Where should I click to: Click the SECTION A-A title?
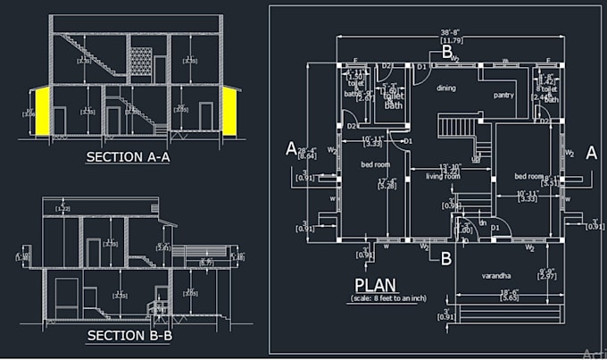[128, 157]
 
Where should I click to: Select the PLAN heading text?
[375, 286]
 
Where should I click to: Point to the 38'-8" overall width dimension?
[451, 35]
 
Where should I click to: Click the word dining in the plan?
[446, 88]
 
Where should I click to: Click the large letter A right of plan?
[590, 153]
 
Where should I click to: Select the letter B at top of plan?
[446, 52]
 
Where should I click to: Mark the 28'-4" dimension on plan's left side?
[306, 151]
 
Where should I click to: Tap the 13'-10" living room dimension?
[449, 167]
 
